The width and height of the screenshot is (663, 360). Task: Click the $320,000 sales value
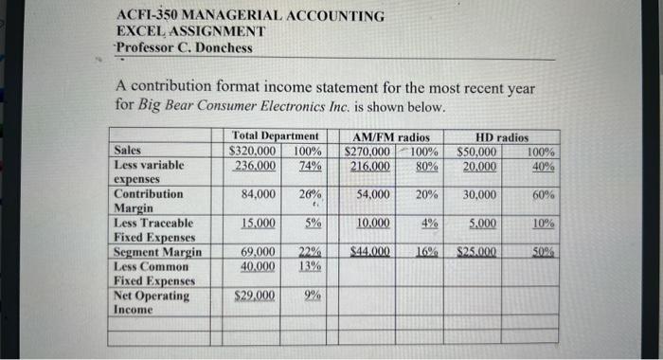[253, 151]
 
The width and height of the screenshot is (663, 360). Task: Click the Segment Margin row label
[157, 252]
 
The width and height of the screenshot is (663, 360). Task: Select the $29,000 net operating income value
[255, 296]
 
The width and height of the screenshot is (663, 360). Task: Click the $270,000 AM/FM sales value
[368, 151]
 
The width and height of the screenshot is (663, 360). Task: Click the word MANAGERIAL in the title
[227, 17]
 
